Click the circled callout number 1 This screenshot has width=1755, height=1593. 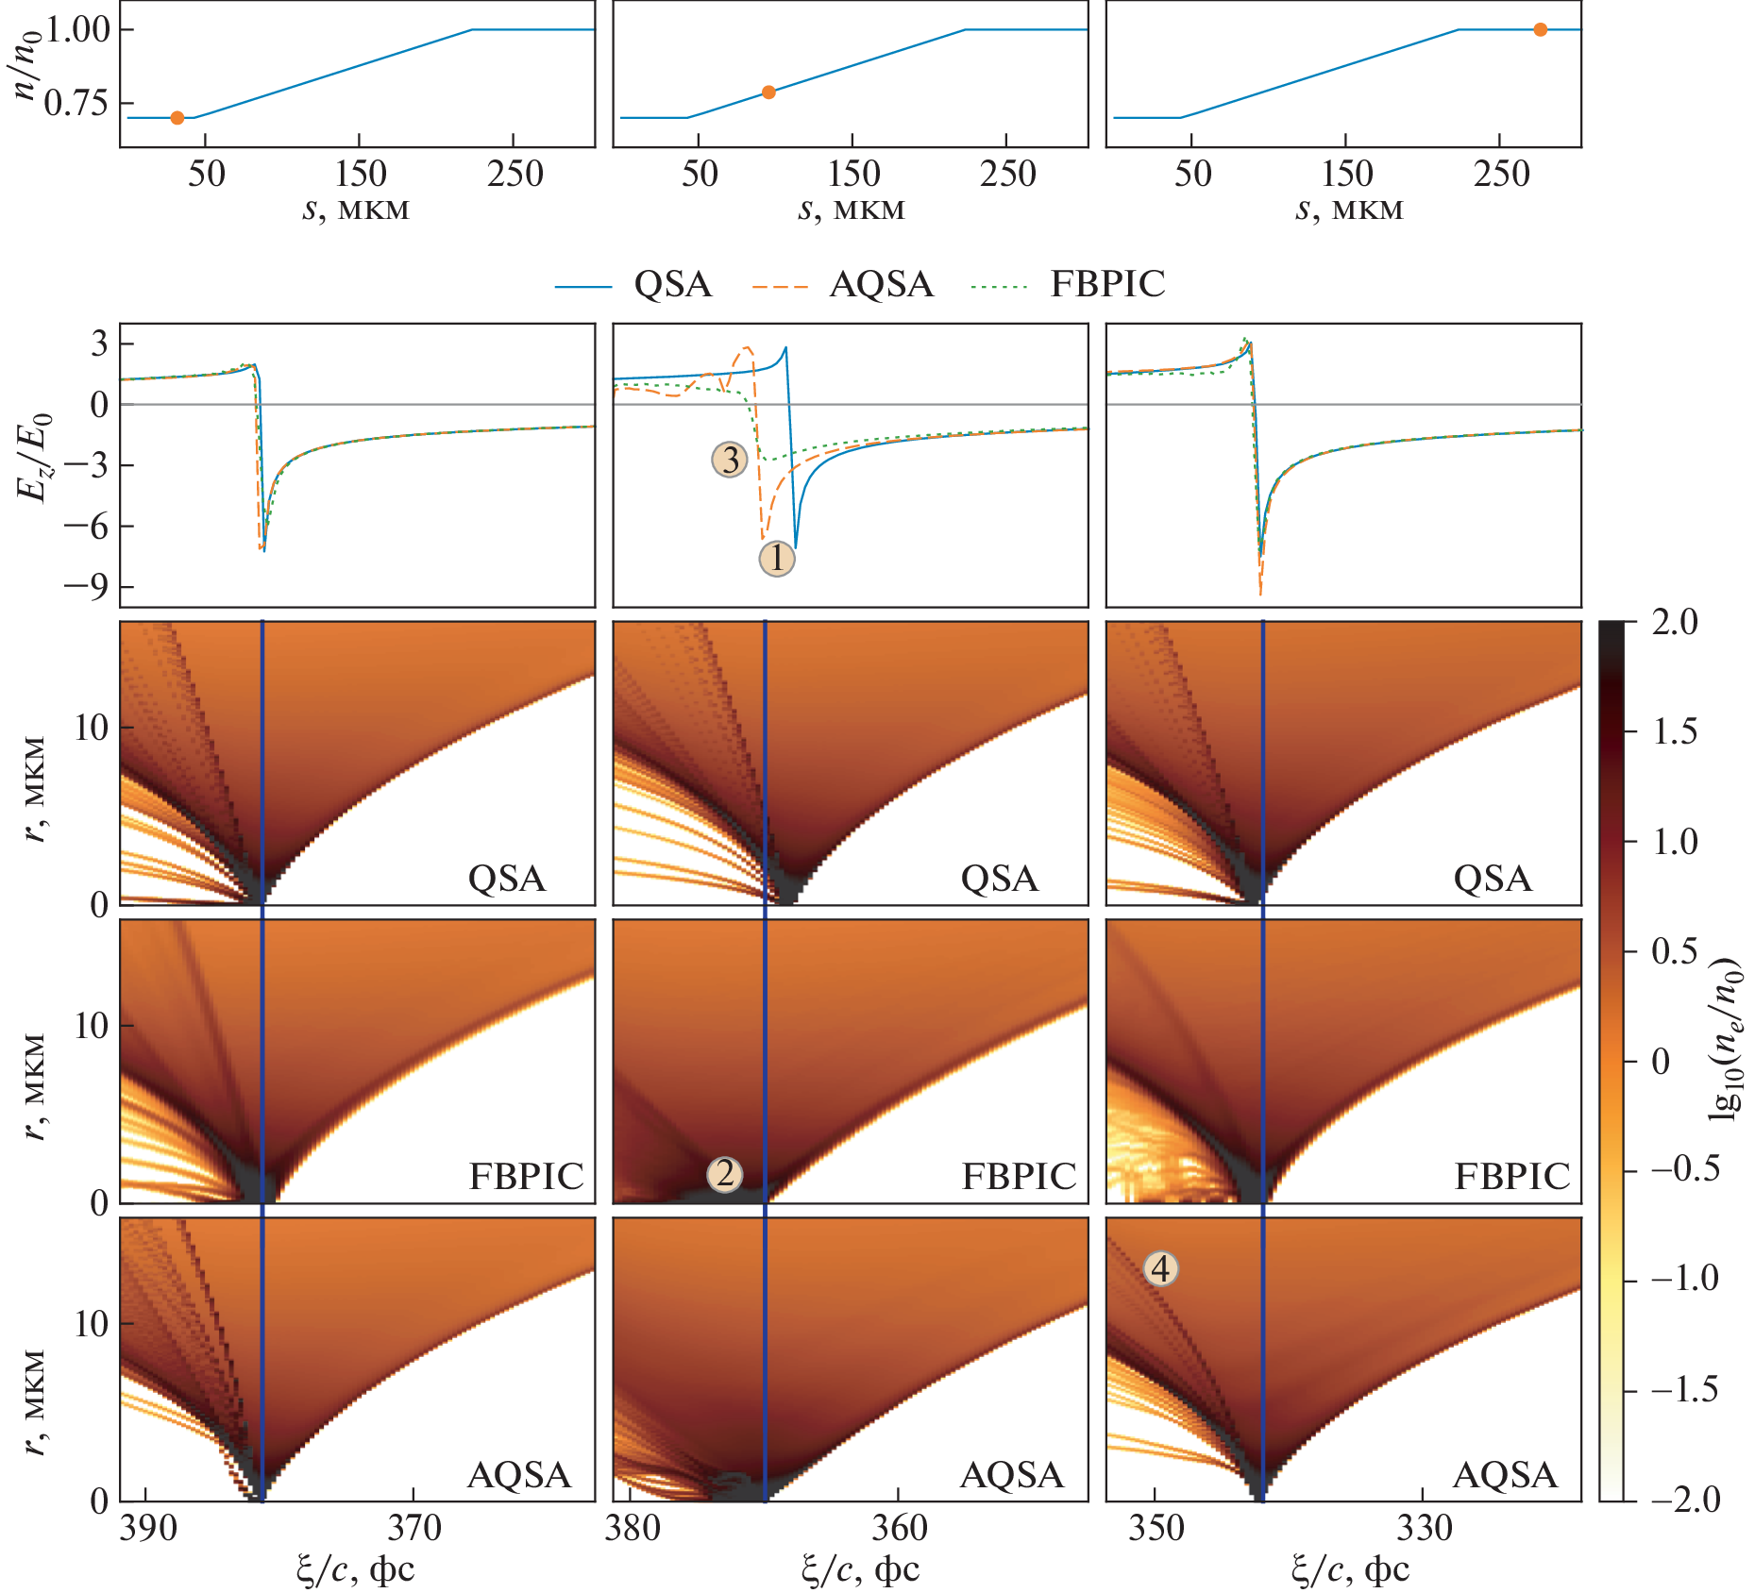pyautogui.click(x=777, y=559)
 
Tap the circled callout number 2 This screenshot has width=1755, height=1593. pyautogui.click(x=724, y=1174)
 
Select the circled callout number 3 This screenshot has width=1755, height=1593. pyautogui.click(x=730, y=460)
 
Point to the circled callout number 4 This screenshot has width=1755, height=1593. pyautogui.click(x=1161, y=1268)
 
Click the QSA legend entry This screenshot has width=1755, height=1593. pyautogui.click(x=672, y=284)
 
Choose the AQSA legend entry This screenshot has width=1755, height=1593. pyautogui.click(x=881, y=284)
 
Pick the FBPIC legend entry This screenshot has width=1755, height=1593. pyautogui.click(x=1107, y=284)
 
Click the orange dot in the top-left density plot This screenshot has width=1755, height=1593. pyautogui.click(x=177, y=118)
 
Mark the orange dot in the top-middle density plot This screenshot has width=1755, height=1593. pyautogui.click(x=768, y=92)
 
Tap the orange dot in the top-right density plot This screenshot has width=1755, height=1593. pyautogui.click(x=1541, y=30)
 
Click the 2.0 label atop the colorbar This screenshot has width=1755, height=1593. pyautogui.click(x=1674, y=623)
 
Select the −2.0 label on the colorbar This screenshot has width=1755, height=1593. pyautogui.click(x=1685, y=1500)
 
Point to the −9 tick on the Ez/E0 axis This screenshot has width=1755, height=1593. pyautogui.click(x=86, y=587)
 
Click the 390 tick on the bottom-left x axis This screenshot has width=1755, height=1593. pyautogui.click(x=148, y=1529)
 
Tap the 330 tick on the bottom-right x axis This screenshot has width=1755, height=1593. pyautogui.click(x=1424, y=1529)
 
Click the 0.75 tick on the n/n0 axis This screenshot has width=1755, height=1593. pyautogui.click(x=76, y=103)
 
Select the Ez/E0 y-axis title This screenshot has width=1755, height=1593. pyautogui.click(x=34, y=459)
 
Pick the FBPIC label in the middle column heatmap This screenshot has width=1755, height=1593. pyautogui.click(x=1019, y=1177)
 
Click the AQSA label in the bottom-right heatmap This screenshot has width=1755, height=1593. pyautogui.click(x=1505, y=1475)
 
